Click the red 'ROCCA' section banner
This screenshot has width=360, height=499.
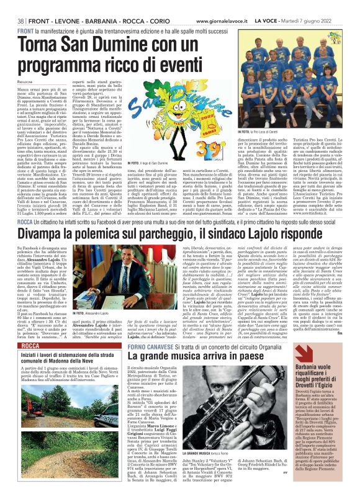tap(31, 344)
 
